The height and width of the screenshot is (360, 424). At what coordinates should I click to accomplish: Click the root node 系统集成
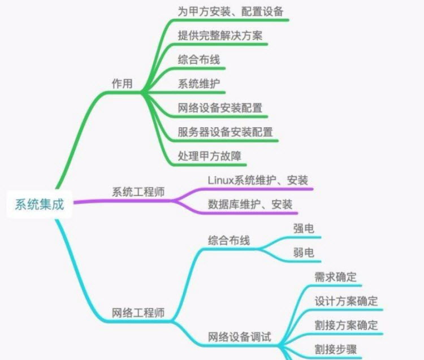click(x=39, y=205)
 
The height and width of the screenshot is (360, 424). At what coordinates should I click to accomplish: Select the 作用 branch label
click(x=122, y=84)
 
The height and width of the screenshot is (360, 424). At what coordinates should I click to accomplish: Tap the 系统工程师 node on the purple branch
click(x=139, y=192)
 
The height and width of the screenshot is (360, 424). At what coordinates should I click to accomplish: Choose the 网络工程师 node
click(x=139, y=313)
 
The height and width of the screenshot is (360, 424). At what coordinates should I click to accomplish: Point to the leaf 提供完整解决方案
click(x=220, y=35)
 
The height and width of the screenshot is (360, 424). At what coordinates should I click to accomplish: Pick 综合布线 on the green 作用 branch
click(x=198, y=59)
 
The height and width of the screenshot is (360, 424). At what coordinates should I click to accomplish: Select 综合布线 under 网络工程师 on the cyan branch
click(x=228, y=240)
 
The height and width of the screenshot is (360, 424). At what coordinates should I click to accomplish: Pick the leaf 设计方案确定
click(x=346, y=301)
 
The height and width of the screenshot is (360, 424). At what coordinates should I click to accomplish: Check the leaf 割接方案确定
click(x=346, y=326)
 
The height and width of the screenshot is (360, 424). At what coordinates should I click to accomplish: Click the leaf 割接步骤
click(x=336, y=349)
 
